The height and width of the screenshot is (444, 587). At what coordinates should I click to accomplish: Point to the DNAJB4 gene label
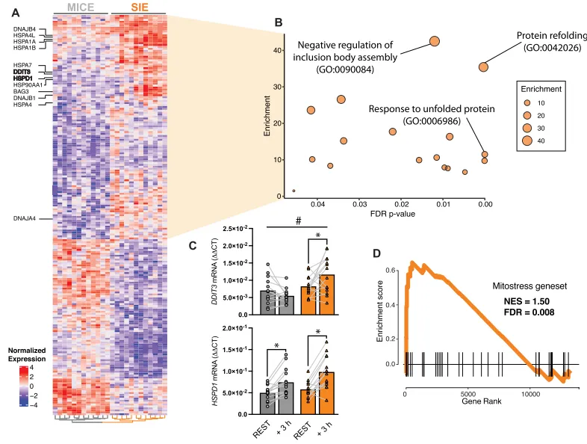click(25, 30)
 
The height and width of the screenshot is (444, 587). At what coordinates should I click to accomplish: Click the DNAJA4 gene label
click(25, 218)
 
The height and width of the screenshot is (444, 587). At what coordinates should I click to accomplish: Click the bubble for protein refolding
click(483, 67)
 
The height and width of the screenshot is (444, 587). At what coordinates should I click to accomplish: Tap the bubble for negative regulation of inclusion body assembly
click(435, 42)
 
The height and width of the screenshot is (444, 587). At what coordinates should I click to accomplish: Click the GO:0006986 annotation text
click(432, 121)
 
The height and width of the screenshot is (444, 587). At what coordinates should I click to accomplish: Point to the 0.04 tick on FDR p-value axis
click(317, 203)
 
